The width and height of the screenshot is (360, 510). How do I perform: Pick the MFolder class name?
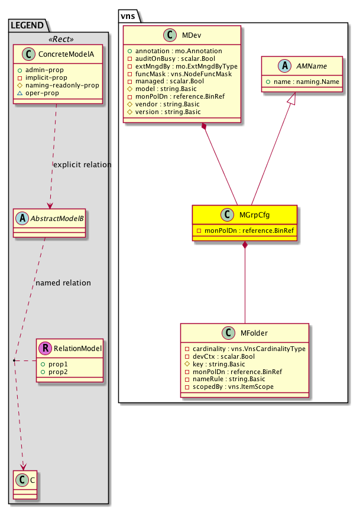tap(252, 334)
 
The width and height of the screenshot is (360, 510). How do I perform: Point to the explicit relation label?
tap(82, 164)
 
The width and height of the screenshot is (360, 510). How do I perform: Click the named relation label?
tap(63, 282)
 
